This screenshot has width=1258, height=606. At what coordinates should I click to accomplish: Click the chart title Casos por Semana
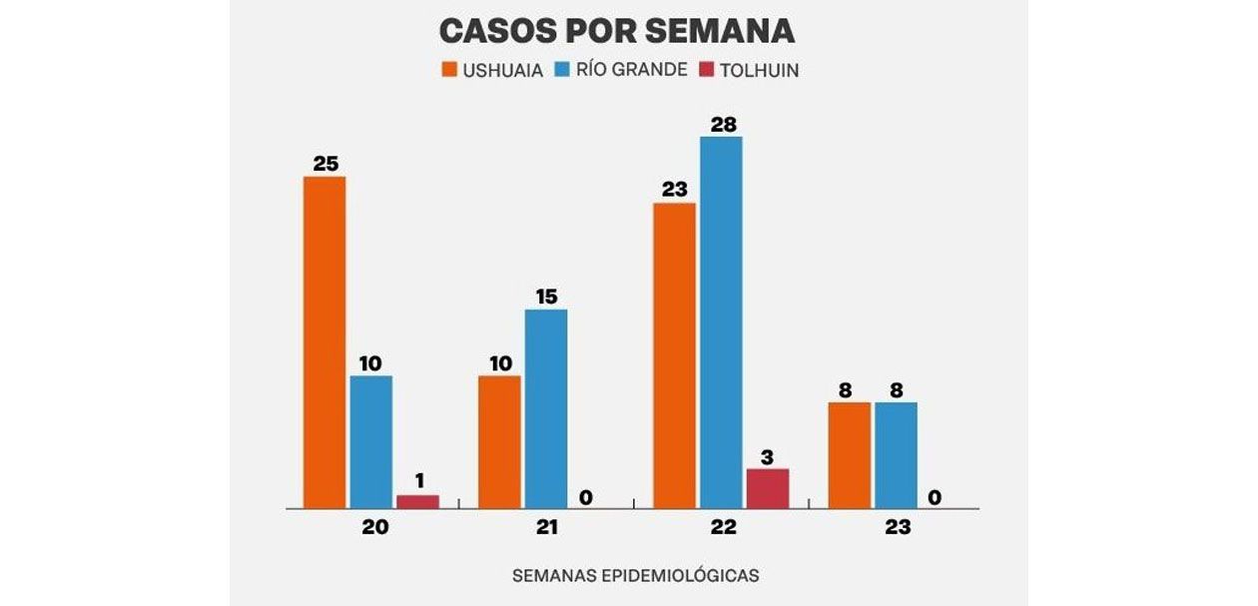coord(616,31)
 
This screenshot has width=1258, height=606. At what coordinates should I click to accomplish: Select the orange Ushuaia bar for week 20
coord(324,342)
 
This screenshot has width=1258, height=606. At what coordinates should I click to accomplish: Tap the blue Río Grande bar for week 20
coord(370,442)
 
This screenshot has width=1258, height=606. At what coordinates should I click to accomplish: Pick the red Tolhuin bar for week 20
coord(417,501)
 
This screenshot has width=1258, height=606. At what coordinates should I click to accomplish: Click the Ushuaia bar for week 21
coord(499,442)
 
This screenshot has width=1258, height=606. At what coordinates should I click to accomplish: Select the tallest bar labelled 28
coord(721,322)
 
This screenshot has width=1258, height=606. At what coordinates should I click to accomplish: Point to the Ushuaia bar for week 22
coord(674,355)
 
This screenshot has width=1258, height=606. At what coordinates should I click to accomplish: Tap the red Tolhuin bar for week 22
coord(768,488)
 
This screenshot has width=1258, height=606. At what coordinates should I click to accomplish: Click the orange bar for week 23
coord(849,455)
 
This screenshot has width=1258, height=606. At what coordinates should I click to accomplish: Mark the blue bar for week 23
coord(896,455)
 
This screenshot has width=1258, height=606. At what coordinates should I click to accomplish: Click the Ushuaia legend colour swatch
coord(448,71)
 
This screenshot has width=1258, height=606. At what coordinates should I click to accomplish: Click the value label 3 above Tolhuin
coord(768,456)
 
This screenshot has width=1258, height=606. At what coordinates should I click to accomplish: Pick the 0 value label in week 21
coord(586,496)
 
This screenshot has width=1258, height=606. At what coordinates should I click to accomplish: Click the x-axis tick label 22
coord(722,528)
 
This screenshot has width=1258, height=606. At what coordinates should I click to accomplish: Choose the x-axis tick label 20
coord(375,528)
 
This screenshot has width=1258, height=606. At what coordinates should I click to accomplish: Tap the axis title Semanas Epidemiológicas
coord(635,576)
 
